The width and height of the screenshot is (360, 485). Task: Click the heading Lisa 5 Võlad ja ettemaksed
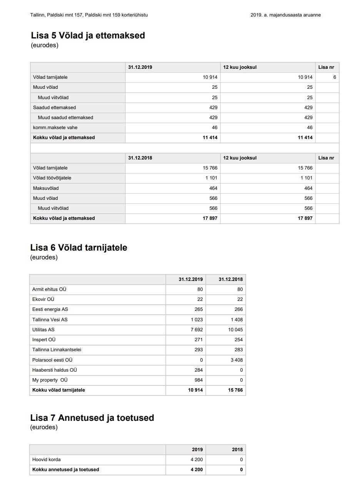tap(88, 36)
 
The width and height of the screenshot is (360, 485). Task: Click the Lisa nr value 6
tap(335, 77)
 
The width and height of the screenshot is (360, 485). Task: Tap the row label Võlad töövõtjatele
tap(52, 178)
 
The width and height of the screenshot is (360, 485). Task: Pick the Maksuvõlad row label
tap(46, 188)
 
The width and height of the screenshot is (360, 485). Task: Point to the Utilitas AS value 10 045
tap(235, 330)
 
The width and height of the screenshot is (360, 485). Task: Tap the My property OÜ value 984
tap(198, 380)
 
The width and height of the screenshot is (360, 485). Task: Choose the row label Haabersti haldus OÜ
tap(55, 370)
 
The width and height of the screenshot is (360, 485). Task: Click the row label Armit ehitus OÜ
tap(49, 289)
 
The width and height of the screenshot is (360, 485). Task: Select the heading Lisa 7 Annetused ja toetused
tap(92, 418)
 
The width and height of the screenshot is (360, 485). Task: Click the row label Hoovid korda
tap(47, 460)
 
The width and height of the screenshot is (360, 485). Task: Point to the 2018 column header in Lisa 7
tap(237, 450)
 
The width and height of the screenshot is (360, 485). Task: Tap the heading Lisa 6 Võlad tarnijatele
tap(78, 247)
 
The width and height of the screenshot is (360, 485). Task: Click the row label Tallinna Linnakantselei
tap(57, 350)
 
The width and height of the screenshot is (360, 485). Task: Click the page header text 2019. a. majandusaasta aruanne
tap(285, 15)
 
